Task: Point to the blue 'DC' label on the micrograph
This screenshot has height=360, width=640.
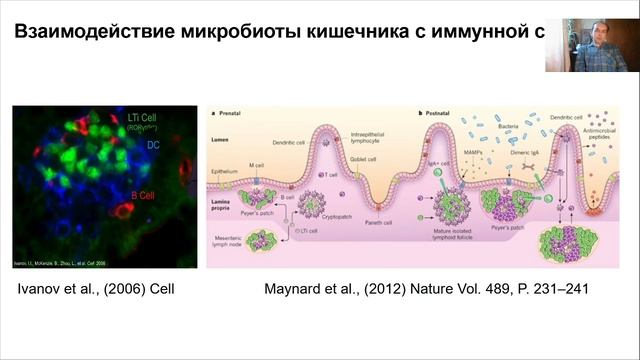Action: point(155,145)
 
